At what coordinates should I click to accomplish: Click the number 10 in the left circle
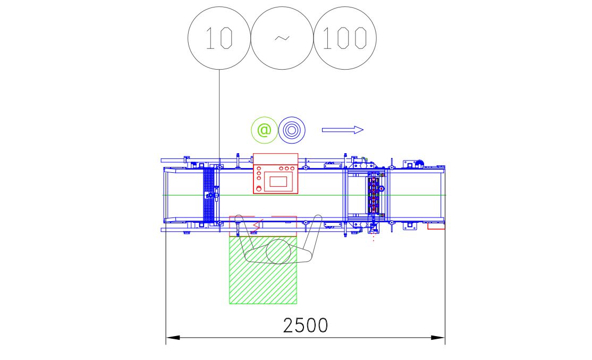218,38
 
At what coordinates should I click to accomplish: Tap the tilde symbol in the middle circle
282,38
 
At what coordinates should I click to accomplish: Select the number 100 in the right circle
345,38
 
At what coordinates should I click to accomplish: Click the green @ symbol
264,130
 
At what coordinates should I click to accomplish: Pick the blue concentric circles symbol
292,130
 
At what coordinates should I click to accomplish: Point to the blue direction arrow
342,130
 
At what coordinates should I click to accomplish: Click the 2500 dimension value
306,325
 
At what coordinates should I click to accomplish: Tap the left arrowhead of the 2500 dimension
173,337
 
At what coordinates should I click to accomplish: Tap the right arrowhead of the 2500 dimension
438,337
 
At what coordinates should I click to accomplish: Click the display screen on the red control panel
278,181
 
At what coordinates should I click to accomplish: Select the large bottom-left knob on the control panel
259,188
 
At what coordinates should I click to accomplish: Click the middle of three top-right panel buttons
286,168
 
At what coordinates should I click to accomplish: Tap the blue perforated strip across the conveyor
209,195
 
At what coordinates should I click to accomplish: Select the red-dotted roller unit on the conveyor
374,195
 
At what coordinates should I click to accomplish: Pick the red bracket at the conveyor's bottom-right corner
436,227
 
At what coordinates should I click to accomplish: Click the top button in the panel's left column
259,169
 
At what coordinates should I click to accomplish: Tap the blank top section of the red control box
276,158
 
